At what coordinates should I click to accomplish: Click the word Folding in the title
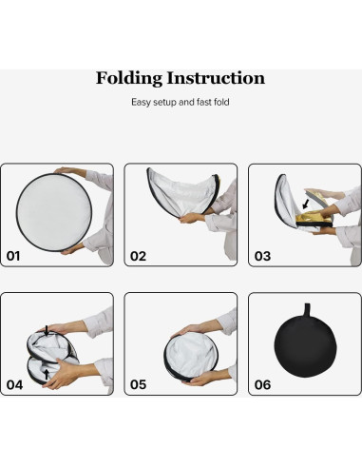(132, 79)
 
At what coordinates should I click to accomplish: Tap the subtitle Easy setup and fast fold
(181, 101)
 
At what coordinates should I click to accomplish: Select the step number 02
(139, 256)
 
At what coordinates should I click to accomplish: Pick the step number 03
(263, 256)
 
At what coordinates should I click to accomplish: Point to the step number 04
(14, 385)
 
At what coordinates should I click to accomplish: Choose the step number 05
(139, 385)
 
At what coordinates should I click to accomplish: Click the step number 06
(263, 385)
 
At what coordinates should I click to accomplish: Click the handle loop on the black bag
(305, 307)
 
